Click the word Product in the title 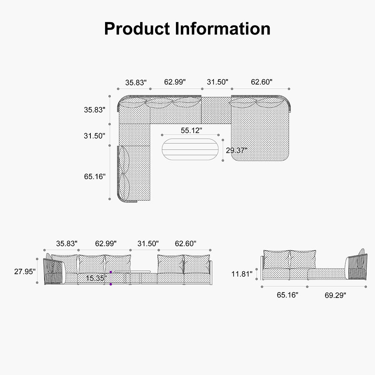point(137,29)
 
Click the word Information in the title point(222,29)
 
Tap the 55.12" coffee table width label point(191,130)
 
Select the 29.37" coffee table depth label point(237,150)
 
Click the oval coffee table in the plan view point(190,149)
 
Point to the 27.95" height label point(25,271)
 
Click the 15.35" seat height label point(96,278)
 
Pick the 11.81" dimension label point(242,274)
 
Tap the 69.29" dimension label point(335,295)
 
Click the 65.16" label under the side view point(287,295)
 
